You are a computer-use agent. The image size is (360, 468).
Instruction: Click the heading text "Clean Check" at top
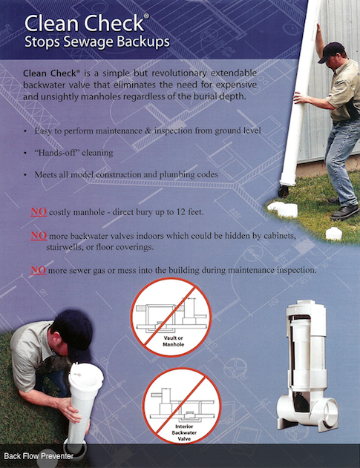(x=85, y=23)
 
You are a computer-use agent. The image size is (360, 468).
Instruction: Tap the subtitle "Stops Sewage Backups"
(x=97, y=42)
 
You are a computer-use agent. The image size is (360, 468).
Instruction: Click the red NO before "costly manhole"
(x=39, y=212)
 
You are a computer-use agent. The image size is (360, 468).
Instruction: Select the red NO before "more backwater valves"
(x=39, y=236)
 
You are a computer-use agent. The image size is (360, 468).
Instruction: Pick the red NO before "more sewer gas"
(x=39, y=270)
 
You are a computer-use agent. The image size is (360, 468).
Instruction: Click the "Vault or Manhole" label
(x=173, y=341)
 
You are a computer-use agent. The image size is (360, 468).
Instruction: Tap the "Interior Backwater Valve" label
(x=184, y=433)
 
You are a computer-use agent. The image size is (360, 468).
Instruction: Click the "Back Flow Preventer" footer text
(x=39, y=456)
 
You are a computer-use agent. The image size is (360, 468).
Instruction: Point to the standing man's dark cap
(x=331, y=51)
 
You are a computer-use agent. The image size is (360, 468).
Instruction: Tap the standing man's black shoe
(x=344, y=211)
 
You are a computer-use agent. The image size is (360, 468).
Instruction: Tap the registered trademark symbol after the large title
(x=146, y=16)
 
